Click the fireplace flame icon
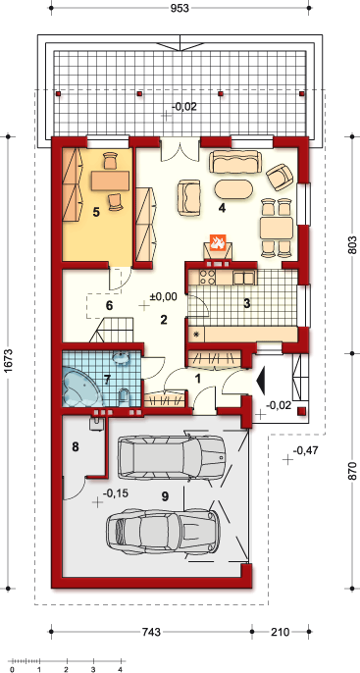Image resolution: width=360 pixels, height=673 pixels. [217, 242]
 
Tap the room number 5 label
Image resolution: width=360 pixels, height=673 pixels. [96, 212]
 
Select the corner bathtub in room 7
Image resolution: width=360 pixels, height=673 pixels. [81, 386]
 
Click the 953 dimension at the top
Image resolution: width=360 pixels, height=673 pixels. [180, 9]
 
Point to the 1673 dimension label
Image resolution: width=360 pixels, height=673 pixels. [10, 364]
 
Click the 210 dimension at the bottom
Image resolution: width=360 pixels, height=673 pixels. [281, 632]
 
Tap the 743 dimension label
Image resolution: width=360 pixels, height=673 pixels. [151, 632]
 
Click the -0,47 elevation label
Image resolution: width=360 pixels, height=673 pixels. [305, 450]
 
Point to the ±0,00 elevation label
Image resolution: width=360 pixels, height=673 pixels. [163, 296]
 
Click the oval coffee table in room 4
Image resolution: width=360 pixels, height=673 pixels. [233, 188]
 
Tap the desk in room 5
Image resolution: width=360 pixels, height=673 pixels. [110, 181]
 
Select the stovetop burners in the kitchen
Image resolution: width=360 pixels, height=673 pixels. [208, 278]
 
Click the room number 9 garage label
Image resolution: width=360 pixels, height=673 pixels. [165, 496]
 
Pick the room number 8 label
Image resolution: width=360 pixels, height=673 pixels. [76, 447]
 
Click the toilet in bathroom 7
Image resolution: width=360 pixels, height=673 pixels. [124, 396]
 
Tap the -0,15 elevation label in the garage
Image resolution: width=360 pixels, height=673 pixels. [117, 493]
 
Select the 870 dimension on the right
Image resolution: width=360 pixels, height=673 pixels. [352, 471]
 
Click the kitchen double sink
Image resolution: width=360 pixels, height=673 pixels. [243, 279]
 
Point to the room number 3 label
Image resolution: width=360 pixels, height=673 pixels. [247, 303]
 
